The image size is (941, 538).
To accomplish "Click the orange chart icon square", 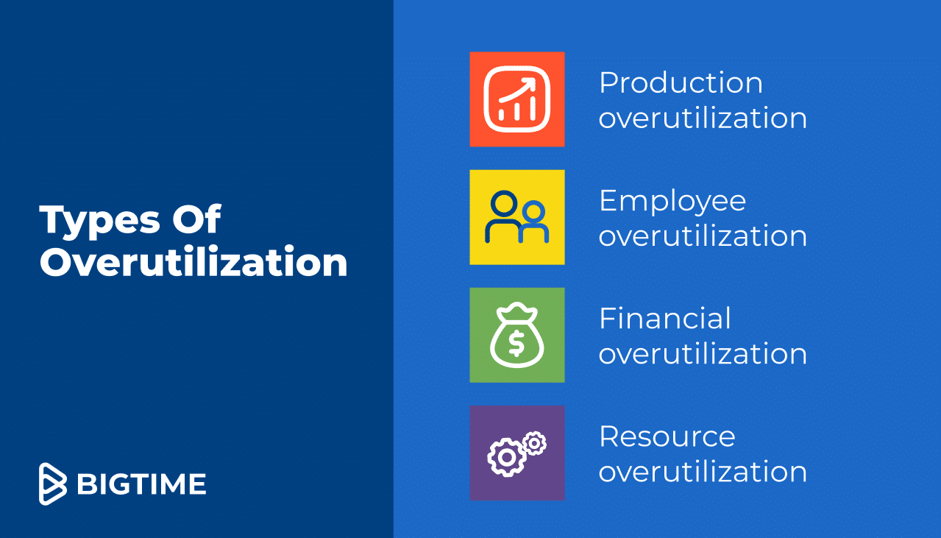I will tap(517, 99).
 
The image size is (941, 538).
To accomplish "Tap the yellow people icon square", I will tap(517, 217).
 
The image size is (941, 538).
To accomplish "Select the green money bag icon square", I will tap(517, 335).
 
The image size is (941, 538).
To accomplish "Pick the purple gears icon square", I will tap(517, 453).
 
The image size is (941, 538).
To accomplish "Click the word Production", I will tap(681, 82).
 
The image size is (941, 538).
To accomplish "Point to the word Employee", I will tap(672, 202).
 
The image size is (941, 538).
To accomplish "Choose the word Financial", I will tap(665, 319).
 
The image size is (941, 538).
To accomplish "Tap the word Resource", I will tap(667, 436).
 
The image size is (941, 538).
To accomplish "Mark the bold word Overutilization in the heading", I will tap(193, 263).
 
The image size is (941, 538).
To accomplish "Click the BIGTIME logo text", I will tap(141, 484).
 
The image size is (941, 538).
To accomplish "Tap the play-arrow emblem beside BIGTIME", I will tap(52, 484).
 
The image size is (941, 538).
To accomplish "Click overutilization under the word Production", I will tap(703, 118).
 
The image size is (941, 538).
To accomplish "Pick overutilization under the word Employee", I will tap(703, 236).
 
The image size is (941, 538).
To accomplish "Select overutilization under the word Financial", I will tap(703, 354).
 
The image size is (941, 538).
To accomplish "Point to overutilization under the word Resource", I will tap(703, 472).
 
